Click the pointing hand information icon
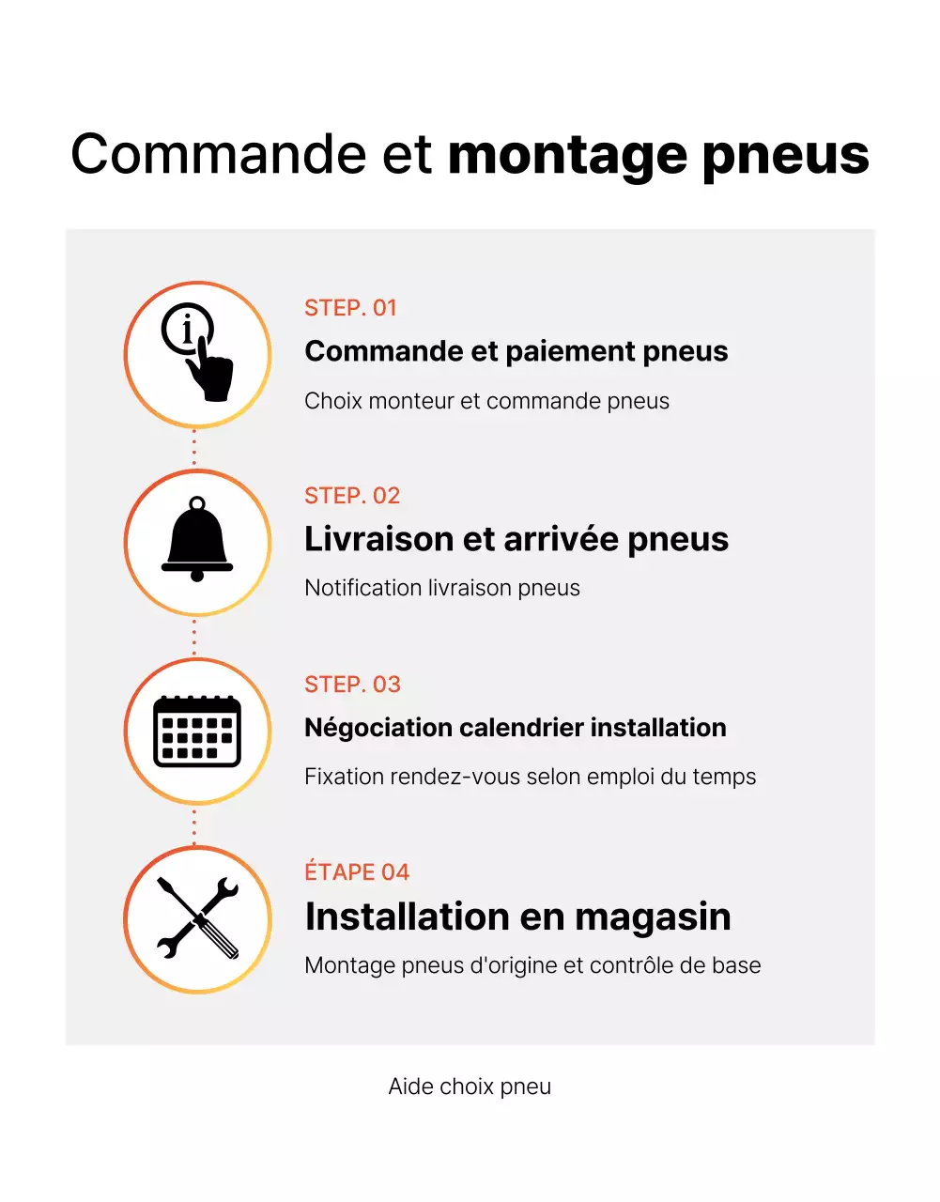197,354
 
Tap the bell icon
197,541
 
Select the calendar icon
197,731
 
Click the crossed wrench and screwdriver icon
197,918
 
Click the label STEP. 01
350,308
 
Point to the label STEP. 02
352,496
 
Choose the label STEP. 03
352,685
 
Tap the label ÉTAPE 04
357,872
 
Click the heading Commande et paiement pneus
516,351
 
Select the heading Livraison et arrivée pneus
516,539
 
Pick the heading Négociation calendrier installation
515,728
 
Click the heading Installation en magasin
517,917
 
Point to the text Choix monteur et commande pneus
486,401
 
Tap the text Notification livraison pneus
441,588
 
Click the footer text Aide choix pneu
470,1086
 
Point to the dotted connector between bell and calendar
194,637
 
